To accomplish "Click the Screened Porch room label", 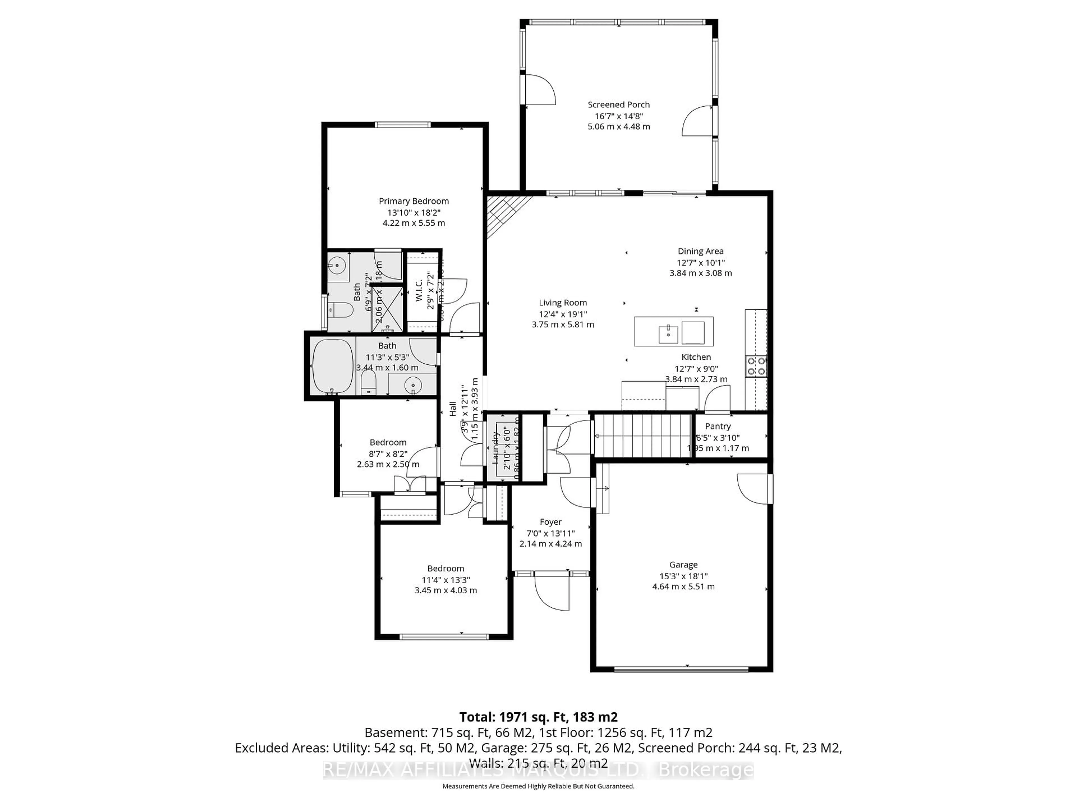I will click(618, 105).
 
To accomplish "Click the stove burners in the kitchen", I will click(756, 366).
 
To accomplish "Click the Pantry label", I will click(718, 426).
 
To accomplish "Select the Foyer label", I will click(551, 522).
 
